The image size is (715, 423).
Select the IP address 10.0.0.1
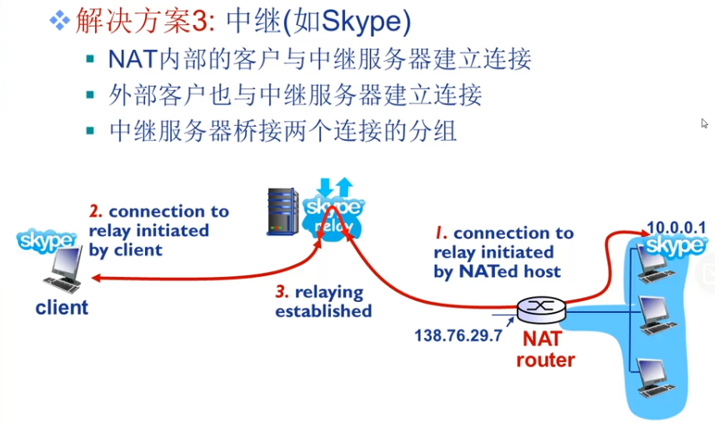pos(676,227)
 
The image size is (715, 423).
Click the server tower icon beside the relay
pos(282,210)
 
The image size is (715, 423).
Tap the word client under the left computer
pos(62,308)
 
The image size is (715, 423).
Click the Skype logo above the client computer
pos(47,241)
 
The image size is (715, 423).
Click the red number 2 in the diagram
pos(95,211)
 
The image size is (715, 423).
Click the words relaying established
pos(323,302)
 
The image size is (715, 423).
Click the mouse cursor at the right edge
pos(704,123)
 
